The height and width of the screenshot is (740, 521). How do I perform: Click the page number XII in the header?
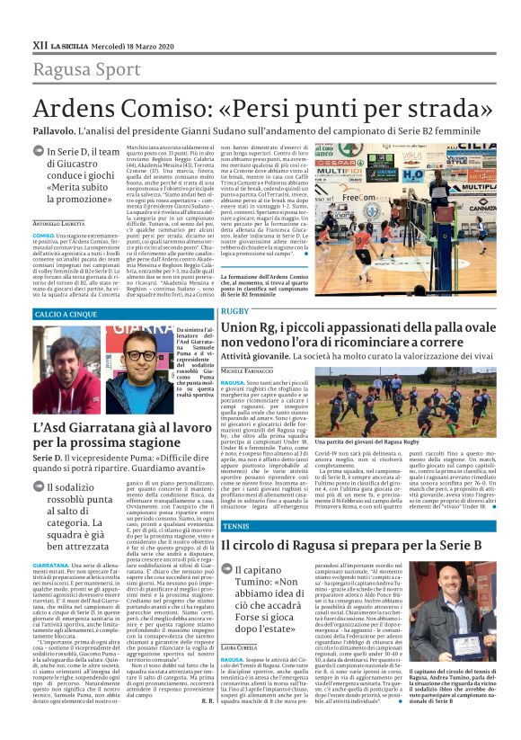pos(39,43)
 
